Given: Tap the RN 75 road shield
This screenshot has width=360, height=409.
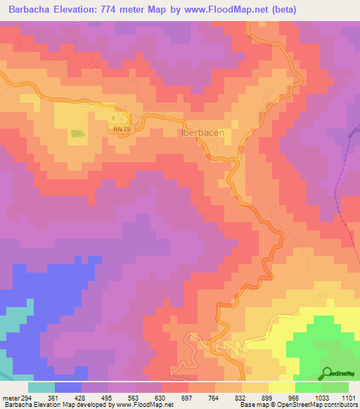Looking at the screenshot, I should point(121,129).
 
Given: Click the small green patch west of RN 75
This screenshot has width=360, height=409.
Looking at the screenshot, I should point(77,133).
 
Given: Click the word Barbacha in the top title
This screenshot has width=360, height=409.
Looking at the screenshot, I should point(33,10).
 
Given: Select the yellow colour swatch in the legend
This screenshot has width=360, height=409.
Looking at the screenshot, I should point(281,387).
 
